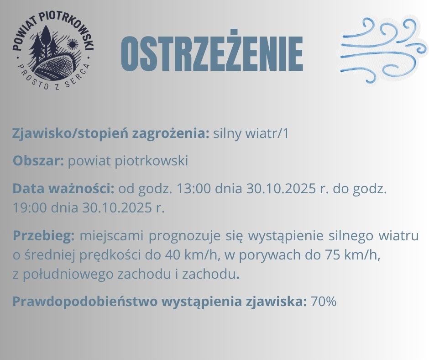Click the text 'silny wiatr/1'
tap(251, 134)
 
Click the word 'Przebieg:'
tap(43, 236)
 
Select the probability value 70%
tap(323, 302)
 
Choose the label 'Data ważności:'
tap(63, 189)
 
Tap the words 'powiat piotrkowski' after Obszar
tap(128, 161)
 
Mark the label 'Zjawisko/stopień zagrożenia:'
tap(111, 134)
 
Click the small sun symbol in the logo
tap(72, 45)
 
